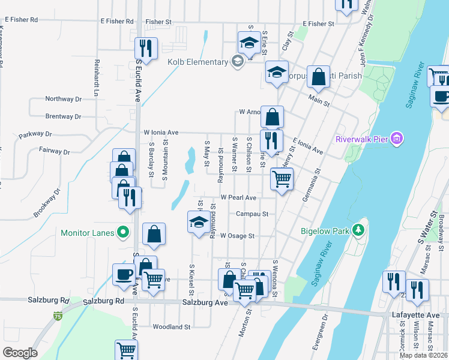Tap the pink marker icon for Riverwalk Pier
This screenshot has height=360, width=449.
[x=396, y=139]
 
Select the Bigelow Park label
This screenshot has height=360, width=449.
[x=327, y=230]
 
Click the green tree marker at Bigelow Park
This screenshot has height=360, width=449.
[x=358, y=230]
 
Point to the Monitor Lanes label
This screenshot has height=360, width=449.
[x=88, y=232]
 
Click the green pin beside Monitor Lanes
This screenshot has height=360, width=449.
[x=123, y=232]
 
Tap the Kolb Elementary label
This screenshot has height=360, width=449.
[x=196, y=62]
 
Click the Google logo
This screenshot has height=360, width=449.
[x=20, y=352]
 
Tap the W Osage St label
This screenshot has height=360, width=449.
[x=238, y=236]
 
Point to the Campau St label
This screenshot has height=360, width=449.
[x=252, y=213]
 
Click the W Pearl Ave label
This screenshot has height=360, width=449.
[x=238, y=197]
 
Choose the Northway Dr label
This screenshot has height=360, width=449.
[x=63, y=99]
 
